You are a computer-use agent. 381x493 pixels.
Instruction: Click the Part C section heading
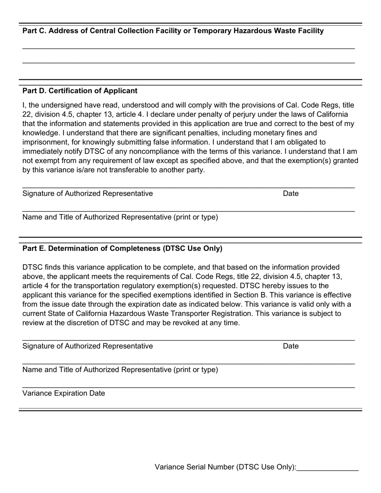pos(173,31)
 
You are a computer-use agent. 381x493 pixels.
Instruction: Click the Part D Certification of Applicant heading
pos(80,91)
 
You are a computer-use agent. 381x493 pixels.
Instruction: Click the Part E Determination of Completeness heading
pos(122,249)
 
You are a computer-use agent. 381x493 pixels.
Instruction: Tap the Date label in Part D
pos(291,194)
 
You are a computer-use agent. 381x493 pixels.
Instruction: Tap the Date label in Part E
pos(291,346)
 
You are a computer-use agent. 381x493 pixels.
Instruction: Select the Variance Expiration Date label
pos(64,393)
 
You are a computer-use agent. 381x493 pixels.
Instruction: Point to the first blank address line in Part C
pos(188,48)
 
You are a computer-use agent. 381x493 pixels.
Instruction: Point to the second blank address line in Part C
pos(188,63)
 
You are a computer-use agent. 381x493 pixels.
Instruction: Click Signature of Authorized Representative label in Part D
pos(87,194)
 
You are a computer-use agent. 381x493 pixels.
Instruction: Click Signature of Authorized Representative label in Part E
pos(87,346)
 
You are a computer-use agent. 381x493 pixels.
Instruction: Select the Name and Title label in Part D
pos(120,217)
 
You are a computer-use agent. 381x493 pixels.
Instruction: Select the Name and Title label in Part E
pos(120,370)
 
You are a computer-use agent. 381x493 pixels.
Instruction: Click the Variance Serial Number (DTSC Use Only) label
pos(225,467)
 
